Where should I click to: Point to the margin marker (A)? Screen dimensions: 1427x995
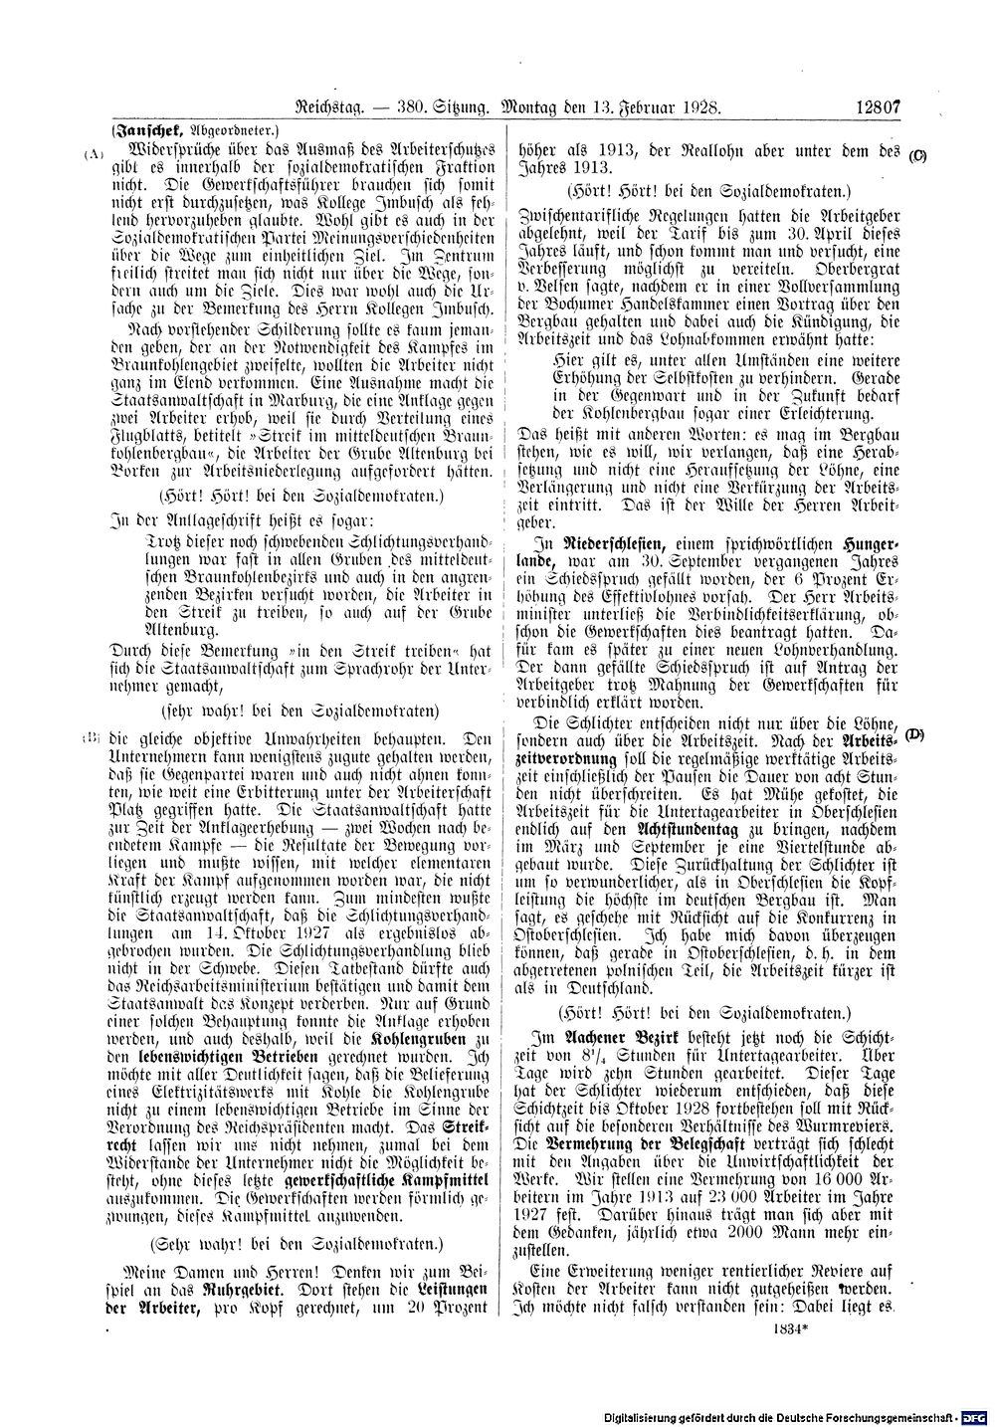pyautogui.click(x=94, y=154)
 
